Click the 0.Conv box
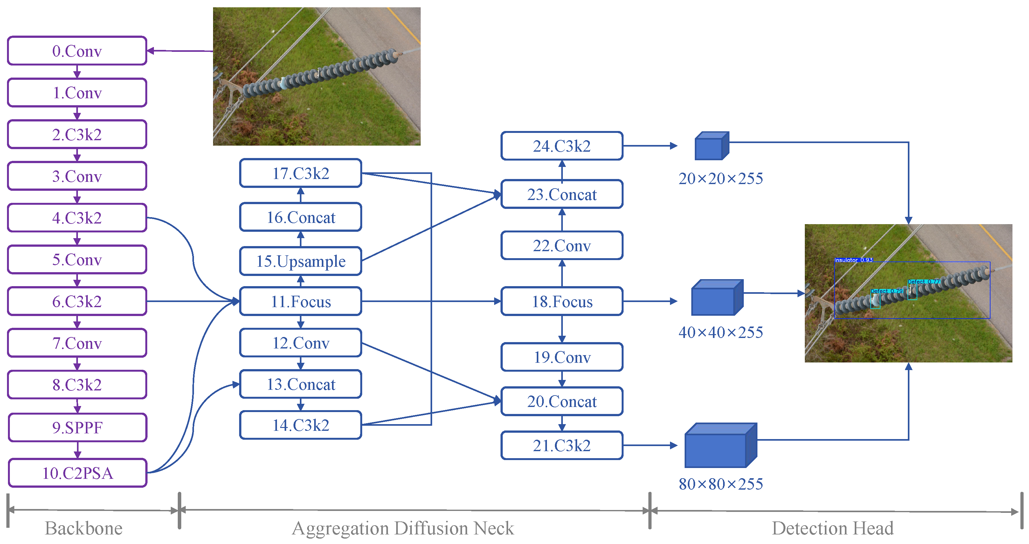tap(77, 51)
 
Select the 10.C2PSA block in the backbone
tap(78, 473)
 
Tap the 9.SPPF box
tap(78, 427)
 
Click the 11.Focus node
tap(300, 301)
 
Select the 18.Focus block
tap(562, 301)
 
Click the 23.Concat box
tap(562, 195)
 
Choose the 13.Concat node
tap(300, 384)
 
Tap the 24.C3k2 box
tap(562, 146)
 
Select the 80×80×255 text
tap(721, 484)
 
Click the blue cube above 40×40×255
tap(717, 298)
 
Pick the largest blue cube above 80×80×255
tap(720, 446)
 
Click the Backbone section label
tap(84, 528)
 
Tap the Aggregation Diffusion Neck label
tap(403, 528)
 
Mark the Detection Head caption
tap(832, 528)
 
